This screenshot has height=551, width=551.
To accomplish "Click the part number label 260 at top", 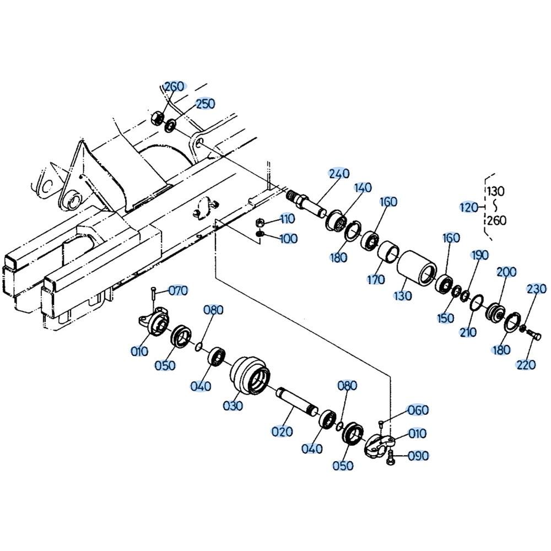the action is click(174, 87).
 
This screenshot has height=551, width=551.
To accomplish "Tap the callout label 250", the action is click(205, 104).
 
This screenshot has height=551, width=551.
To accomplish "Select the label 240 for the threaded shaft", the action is click(339, 173).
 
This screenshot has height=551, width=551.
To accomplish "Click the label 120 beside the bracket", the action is click(469, 207).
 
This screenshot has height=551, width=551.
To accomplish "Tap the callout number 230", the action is click(536, 289).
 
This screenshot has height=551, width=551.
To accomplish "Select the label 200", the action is click(506, 272).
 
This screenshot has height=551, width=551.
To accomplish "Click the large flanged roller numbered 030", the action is click(250, 376).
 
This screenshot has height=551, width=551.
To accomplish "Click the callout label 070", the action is click(178, 290).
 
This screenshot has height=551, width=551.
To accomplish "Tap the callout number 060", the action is click(418, 410).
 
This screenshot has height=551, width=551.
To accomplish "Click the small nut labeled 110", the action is click(260, 222).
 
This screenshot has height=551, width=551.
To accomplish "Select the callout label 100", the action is click(288, 239).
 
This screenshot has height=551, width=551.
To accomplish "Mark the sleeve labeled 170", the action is click(388, 253).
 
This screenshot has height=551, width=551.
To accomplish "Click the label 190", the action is click(480, 255).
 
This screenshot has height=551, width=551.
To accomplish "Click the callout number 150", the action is click(445, 318).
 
